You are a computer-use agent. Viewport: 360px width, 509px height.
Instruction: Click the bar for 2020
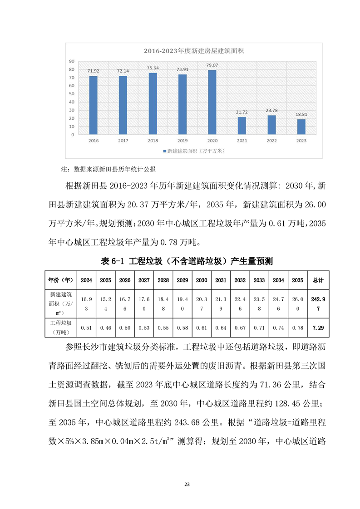(x=212, y=102)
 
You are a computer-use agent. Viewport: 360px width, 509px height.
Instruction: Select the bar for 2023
(x=301, y=127)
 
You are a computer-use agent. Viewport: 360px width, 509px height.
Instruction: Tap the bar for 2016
(x=93, y=105)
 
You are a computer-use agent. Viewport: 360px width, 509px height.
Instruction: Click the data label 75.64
(x=153, y=68)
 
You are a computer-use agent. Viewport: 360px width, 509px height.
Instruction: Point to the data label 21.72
(x=242, y=112)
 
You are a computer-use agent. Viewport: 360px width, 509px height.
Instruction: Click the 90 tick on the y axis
(x=72, y=61)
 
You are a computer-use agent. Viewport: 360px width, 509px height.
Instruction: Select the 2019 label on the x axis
(x=182, y=141)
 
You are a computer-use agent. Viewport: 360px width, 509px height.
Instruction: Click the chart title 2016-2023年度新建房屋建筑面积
(x=194, y=51)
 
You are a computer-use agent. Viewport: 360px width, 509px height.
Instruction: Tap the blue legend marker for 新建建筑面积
(x=164, y=150)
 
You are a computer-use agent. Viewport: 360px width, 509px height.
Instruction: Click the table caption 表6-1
(x=112, y=261)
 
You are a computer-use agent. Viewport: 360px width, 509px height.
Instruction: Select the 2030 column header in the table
(x=202, y=280)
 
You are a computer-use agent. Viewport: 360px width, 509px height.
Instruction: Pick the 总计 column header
(x=318, y=280)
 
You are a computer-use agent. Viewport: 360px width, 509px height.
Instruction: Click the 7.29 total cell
(x=318, y=327)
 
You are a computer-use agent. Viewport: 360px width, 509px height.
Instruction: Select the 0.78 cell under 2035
(x=297, y=327)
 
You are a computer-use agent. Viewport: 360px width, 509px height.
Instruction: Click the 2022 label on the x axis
(x=271, y=141)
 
